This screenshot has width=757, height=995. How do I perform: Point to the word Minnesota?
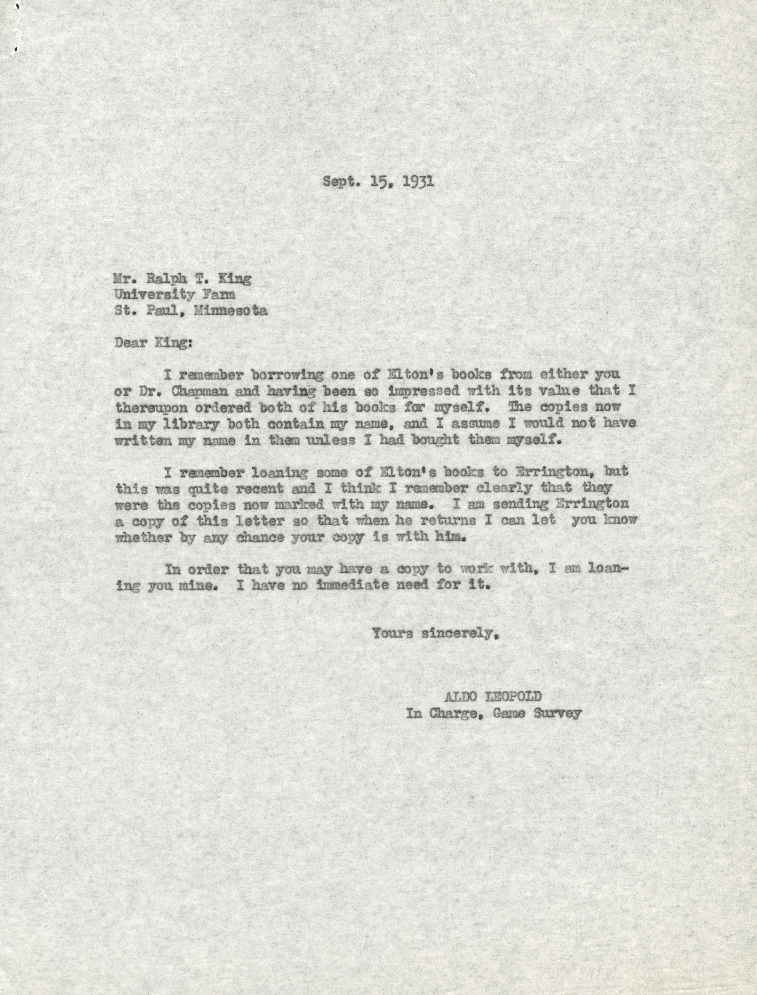pos(231,311)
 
